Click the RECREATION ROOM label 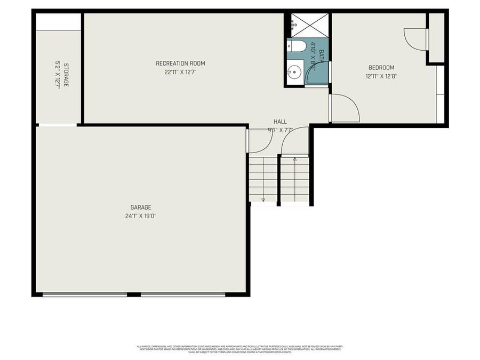180,63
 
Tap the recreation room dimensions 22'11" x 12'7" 180,73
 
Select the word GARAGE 141,207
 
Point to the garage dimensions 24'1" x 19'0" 141,216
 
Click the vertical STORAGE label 66,75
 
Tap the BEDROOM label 381,67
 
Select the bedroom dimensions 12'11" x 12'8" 381,76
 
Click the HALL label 280,122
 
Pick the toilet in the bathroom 297,46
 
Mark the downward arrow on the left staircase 263,198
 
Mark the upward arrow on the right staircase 295,159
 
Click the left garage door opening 84,294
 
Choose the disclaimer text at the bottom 240,349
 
